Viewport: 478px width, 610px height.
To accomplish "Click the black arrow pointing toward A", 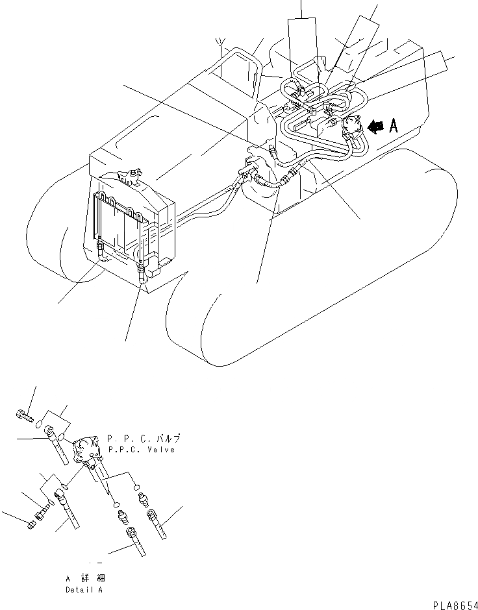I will [x=375, y=128].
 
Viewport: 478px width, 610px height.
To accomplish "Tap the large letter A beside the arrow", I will [x=393, y=127].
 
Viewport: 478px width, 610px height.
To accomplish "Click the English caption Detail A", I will [x=84, y=590].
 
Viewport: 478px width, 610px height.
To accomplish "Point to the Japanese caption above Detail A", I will [x=85, y=578].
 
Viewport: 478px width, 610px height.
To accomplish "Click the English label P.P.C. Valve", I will [x=142, y=450].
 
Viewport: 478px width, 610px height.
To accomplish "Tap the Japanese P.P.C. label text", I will [x=144, y=439].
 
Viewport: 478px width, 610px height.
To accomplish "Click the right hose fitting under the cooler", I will [x=142, y=276].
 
